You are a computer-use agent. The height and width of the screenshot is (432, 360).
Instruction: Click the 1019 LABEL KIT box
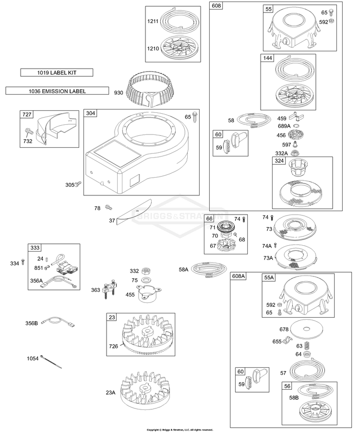pos(57,72)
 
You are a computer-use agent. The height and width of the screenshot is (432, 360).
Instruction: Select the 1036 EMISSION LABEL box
pos(57,91)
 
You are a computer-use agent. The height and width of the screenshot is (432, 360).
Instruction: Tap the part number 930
pos(119,93)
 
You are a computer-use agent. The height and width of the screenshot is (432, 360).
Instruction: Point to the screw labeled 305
pos(78,184)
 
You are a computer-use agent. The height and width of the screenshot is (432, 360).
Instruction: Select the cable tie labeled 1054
pos(51,361)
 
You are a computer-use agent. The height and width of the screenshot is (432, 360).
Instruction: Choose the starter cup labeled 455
pos(148,294)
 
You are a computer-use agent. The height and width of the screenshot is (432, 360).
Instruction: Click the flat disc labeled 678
pos(306,329)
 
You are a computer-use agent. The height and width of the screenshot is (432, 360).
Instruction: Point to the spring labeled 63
pos(307,345)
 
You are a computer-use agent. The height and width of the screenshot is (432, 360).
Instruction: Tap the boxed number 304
pos(90,113)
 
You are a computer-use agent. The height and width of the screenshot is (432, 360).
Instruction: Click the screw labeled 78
pos(108,207)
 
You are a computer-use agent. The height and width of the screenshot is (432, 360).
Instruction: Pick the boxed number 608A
pos(239,276)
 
